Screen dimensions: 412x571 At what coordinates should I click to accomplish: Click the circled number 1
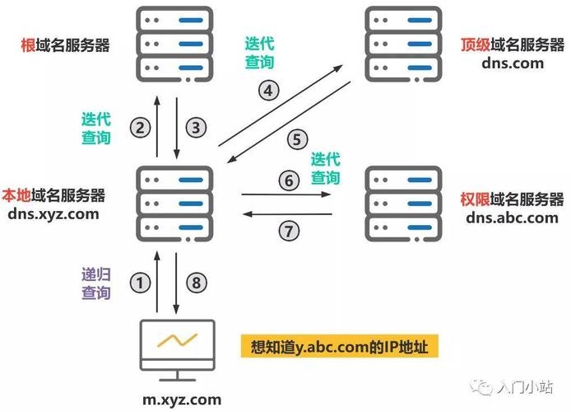(142, 283)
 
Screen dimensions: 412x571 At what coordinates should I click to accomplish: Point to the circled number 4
(270, 91)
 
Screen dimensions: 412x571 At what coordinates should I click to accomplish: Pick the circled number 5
(298, 139)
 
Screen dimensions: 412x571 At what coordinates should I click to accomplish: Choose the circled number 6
(287, 180)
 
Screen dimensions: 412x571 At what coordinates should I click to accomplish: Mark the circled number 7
(287, 231)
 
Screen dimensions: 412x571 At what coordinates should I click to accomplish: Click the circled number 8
(195, 283)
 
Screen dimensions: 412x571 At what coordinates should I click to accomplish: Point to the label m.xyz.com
(181, 400)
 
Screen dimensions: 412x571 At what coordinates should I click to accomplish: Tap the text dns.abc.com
(512, 218)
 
